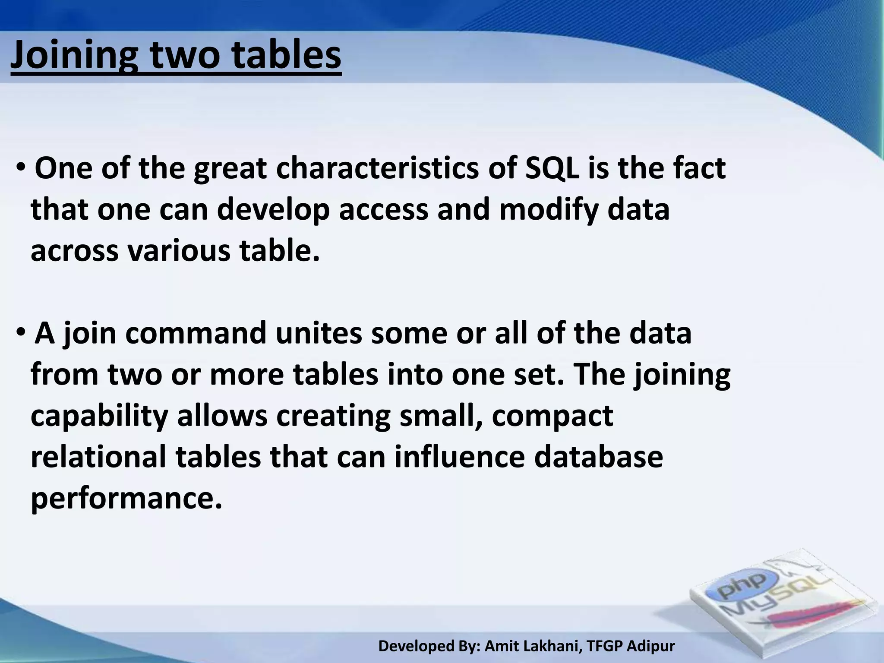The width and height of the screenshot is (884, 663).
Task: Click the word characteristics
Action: coord(377,168)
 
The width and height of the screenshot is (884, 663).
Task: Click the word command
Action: coord(196,333)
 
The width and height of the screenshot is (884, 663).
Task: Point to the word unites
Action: coord(319,333)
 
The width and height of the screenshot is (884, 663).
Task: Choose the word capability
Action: coord(99,417)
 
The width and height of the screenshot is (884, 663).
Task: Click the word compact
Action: coord(552,417)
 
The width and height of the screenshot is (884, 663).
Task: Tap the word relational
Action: coord(98,457)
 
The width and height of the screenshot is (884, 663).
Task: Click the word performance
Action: coord(126,499)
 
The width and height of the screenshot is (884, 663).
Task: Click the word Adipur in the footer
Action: coord(650,646)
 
